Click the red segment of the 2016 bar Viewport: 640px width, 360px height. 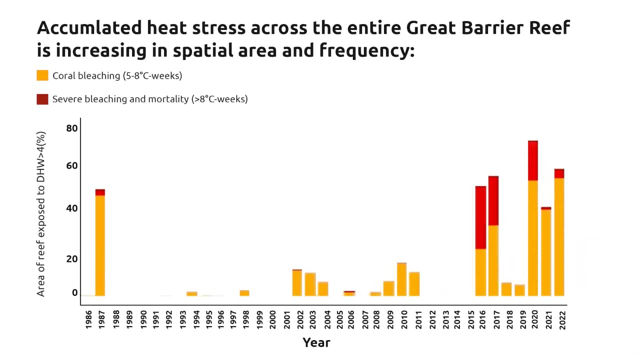480,217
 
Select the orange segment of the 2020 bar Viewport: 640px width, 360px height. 533,237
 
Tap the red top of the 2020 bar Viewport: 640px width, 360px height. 533,160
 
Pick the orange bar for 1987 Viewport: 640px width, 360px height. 100,245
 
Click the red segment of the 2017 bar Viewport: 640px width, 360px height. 493,200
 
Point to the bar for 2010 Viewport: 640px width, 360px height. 401,279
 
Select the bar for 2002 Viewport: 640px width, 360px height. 297,283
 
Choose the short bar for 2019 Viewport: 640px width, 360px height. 520,290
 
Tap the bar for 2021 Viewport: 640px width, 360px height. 546,252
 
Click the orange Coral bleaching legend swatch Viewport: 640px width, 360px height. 42,75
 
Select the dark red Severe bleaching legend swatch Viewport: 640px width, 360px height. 42,99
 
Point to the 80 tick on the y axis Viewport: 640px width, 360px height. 72,128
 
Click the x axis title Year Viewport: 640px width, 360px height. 316,342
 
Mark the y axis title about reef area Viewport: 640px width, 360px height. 41,213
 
